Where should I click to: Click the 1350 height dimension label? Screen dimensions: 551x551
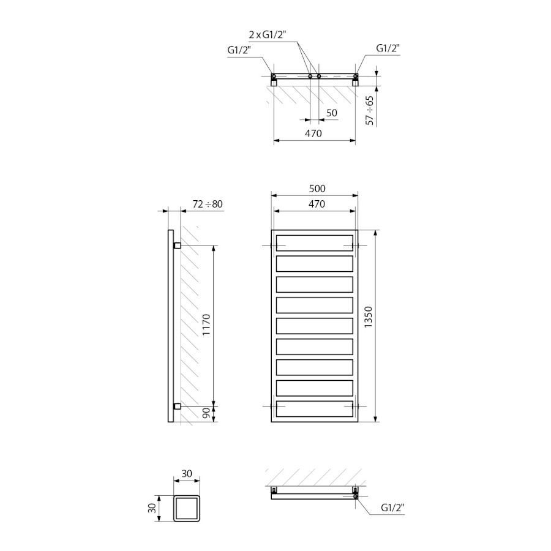click(368, 317)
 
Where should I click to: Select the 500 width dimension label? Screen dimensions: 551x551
click(317, 189)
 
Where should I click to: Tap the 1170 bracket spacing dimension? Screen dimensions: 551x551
click(206, 324)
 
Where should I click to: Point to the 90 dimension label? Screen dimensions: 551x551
click(206, 413)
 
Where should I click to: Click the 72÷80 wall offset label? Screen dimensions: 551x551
click(208, 204)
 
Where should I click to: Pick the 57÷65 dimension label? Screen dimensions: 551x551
click(369, 110)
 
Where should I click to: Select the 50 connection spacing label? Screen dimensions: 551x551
click(332, 113)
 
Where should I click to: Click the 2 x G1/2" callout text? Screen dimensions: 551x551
click(268, 35)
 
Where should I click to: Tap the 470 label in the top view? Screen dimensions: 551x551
click(313, 133)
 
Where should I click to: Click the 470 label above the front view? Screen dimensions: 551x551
click(317, 204)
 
